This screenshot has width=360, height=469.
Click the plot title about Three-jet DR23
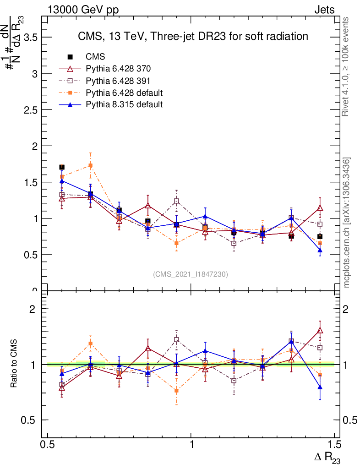[192, 36]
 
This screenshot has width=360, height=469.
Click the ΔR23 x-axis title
[327, 457]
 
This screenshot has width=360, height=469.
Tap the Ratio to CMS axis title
[14, 364]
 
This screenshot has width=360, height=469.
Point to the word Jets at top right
[324, 10]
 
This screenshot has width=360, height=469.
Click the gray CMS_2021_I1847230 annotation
[191, 274]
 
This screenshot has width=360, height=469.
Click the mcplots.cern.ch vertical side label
[347, 222]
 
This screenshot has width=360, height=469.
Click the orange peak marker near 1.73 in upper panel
[91, 165]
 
